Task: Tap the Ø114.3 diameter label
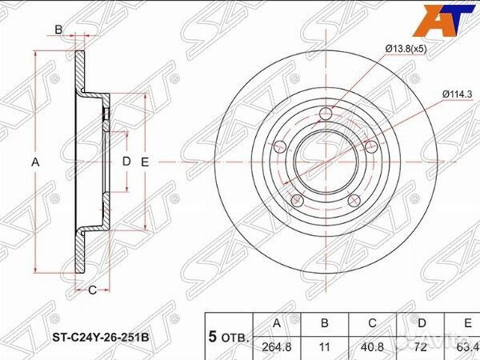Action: (x=456, y=94)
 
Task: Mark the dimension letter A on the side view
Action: (x=34, y=162)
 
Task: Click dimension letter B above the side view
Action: (x=58, y=30)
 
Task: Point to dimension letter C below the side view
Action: (x=93, y=289)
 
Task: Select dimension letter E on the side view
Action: (x=145, y=162)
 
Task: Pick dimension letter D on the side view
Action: (x=126, y=162)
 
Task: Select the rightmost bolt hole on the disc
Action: (x=370, y=146)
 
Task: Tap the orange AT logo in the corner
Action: (x=449, y=20)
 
